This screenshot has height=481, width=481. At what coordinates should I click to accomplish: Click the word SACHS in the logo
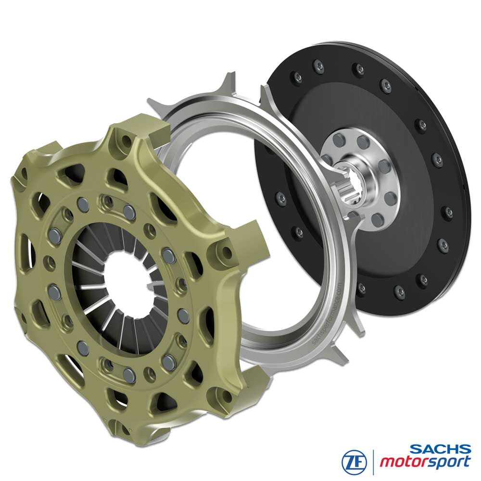441,449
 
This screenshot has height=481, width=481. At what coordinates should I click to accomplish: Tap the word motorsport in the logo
425,462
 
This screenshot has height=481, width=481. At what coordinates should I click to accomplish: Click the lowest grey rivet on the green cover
128,374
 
